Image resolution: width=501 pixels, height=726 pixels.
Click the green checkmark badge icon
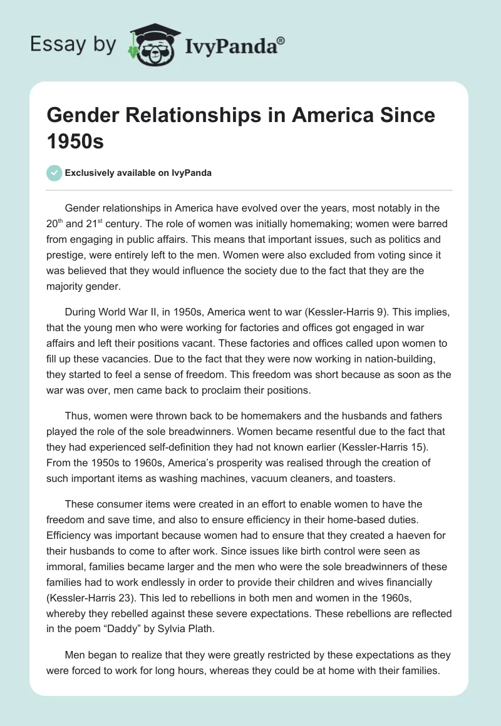(54, 173)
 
